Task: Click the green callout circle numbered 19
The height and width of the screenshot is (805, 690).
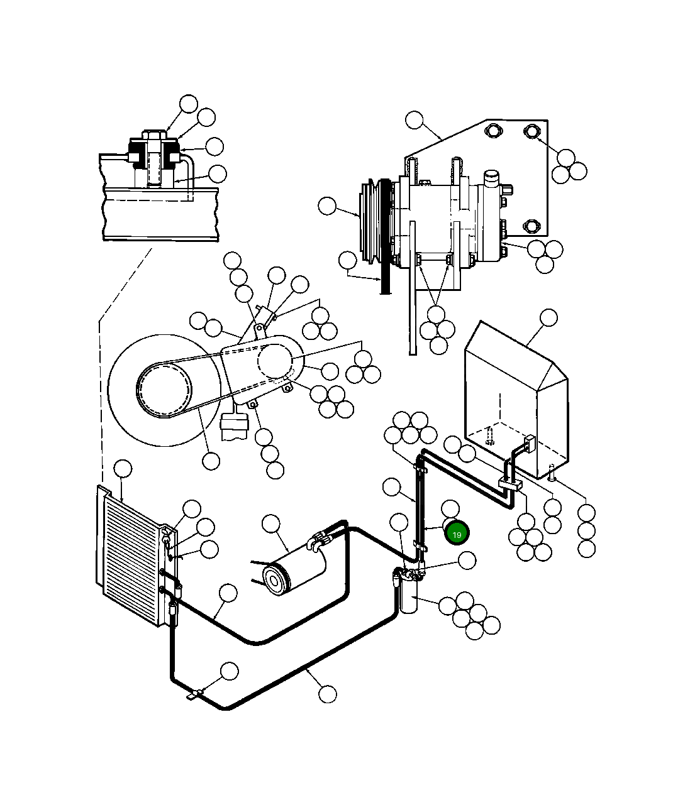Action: pyautogui.click(x=457, y=534)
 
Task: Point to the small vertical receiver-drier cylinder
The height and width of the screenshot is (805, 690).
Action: pyautogui.click(x=406, y=594)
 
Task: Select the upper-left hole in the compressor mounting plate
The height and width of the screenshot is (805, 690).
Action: pyautogui.click(x=491, y=130)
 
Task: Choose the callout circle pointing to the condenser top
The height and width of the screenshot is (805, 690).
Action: pyautogui.click(x=123, y=469)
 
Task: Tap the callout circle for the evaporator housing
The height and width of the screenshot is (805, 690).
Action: pyautogui.click(x=548, y=318)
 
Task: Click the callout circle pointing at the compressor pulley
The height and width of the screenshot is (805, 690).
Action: pyautogui.click(x=327, y=206)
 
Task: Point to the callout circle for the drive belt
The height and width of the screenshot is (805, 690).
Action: pyautogui.click(x=347, y=260)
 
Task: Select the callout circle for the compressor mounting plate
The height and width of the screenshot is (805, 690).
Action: pyautogui.click(x=415, y=120)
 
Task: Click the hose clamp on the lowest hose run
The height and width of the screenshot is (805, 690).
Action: pyautogui.click(x=196, y=694)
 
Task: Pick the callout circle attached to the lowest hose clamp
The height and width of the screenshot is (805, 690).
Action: pyautogui.click(x=230, y=671)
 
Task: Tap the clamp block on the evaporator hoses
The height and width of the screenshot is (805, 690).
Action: pyautogui.click(x=510, y=484)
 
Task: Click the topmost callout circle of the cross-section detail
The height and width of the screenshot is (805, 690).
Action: pyautogui.click(x=188, y=104)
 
